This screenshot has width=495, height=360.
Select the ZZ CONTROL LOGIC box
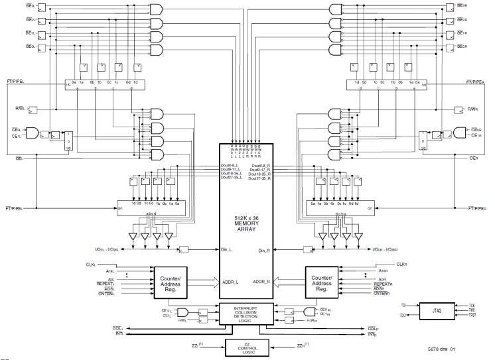pyautogui.click(x=247, y=347)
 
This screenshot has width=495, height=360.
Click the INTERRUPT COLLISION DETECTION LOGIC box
pyautogui.click(x=247, y=314)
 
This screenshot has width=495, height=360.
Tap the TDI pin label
pyautogui.click(x=403, y=306)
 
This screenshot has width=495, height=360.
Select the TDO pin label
pyautogui.click(x=403, y=316)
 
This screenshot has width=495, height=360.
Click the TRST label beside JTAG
pyautogui.click(x=472, y=316)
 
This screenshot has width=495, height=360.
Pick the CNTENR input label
pyautogui.click(x=382, y=294)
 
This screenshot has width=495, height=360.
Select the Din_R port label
pyautogui.click(x=264, y=250)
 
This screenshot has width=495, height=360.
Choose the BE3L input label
pyautogui.click(x=31, y=7)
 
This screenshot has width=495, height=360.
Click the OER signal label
pyautogui.click(x=474, y=159)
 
